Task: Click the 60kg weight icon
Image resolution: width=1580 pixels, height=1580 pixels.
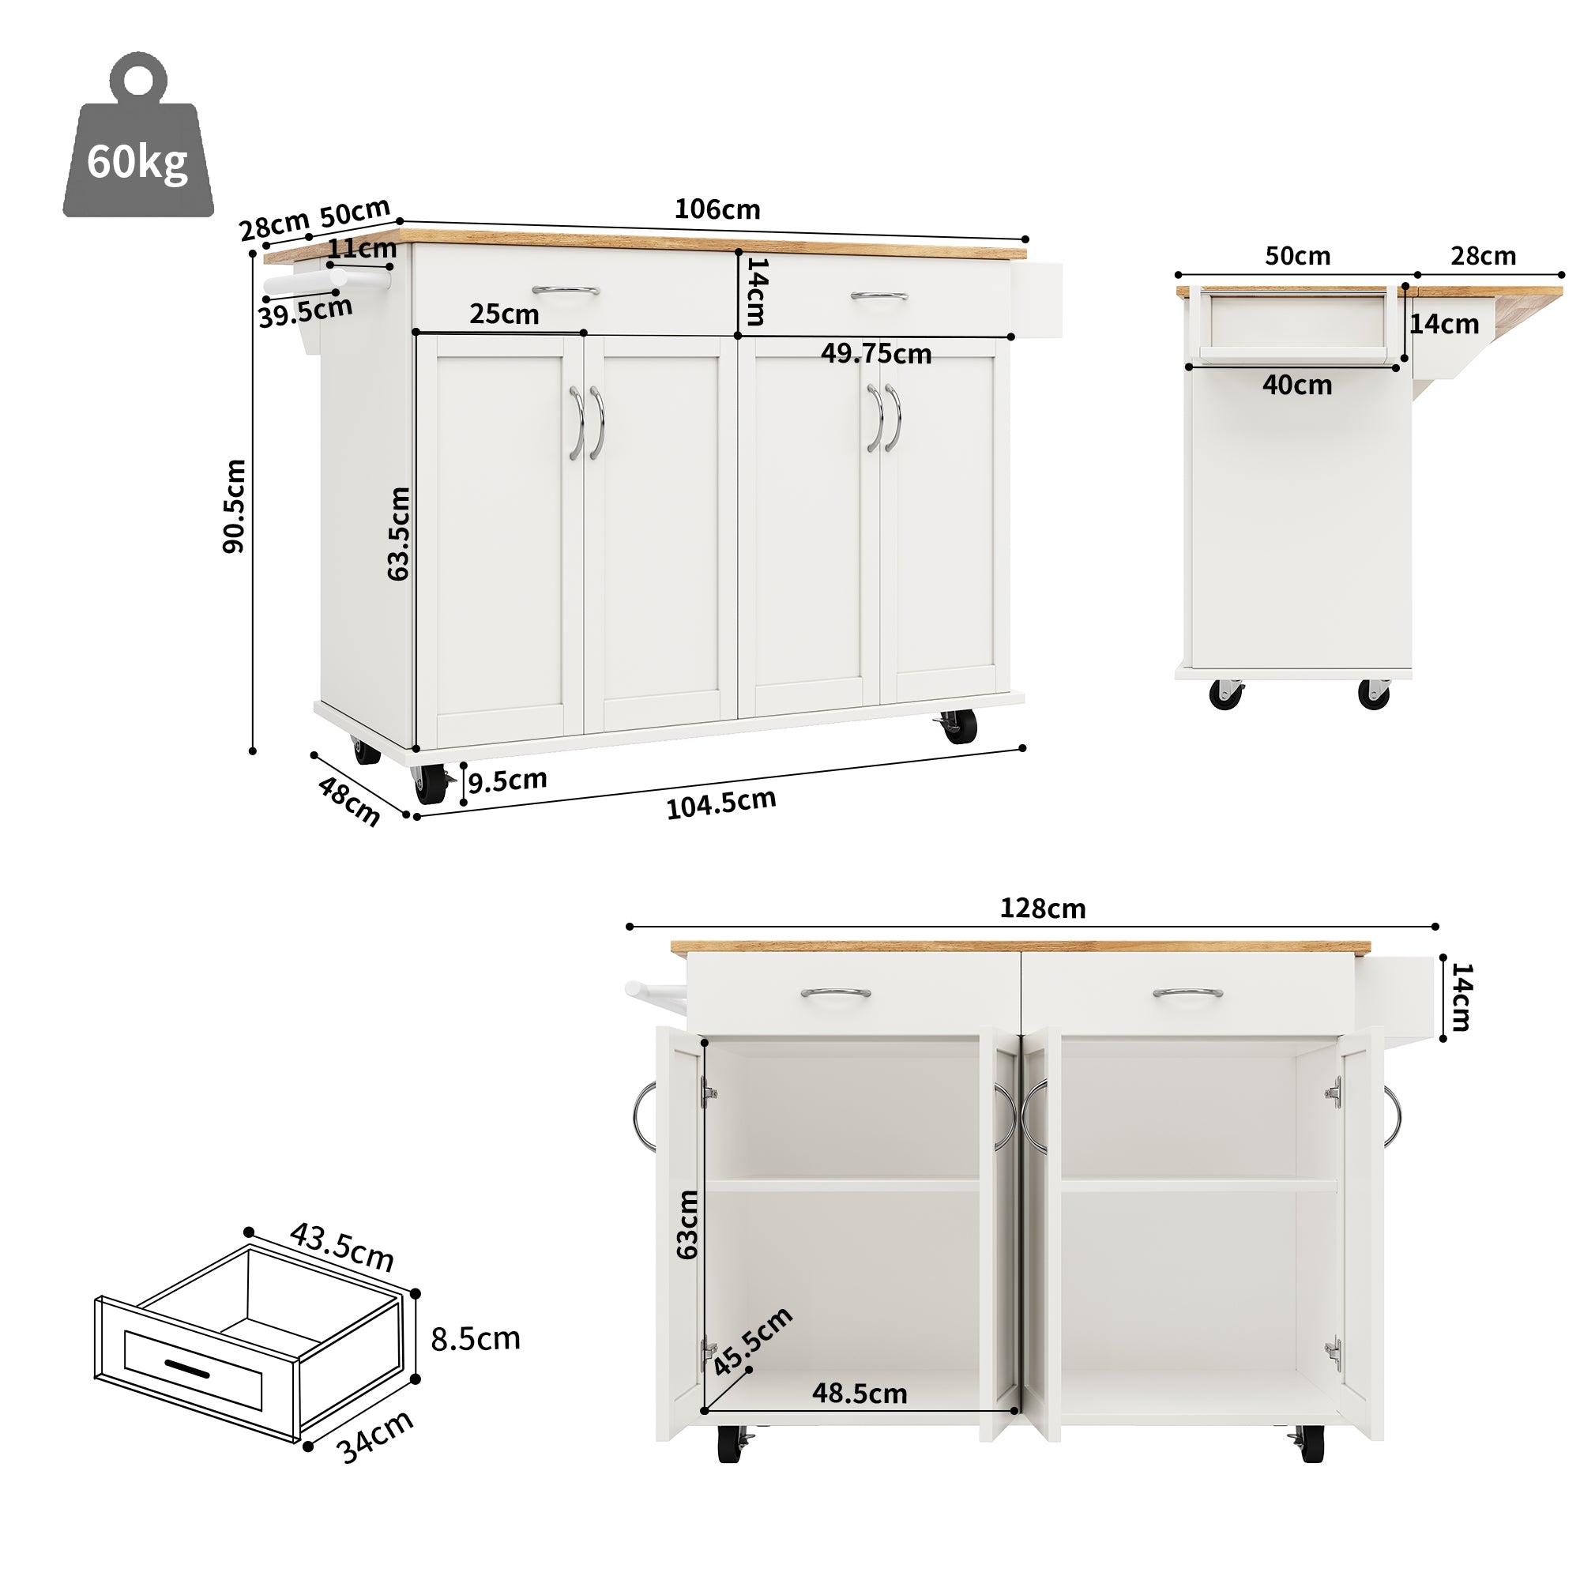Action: pos(137,139)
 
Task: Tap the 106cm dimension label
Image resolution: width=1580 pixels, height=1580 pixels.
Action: pos(717,209)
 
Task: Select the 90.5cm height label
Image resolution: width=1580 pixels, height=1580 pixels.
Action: pos(234,506)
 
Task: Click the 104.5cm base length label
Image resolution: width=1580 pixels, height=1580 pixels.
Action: pos(720,804)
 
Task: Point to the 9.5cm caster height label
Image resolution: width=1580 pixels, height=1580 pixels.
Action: pos(507,781)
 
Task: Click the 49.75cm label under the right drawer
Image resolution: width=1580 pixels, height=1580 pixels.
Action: pos(876,353)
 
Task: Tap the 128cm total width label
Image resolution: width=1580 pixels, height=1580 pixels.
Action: pos(1042,908)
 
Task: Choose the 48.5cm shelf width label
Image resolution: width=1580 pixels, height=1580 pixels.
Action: pos(860,1394)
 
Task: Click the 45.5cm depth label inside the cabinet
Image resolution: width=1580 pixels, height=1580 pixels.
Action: pos(751,1341)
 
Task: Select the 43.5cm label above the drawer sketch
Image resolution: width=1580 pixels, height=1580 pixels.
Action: pos(342,1247)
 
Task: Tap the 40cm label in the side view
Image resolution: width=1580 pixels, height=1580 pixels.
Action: pos(1296,386)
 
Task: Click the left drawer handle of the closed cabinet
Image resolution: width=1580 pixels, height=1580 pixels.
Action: pos(565,290)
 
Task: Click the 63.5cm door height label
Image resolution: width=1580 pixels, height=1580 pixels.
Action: pos(398,533)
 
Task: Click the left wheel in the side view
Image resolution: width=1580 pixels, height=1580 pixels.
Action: pos(1225,694)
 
